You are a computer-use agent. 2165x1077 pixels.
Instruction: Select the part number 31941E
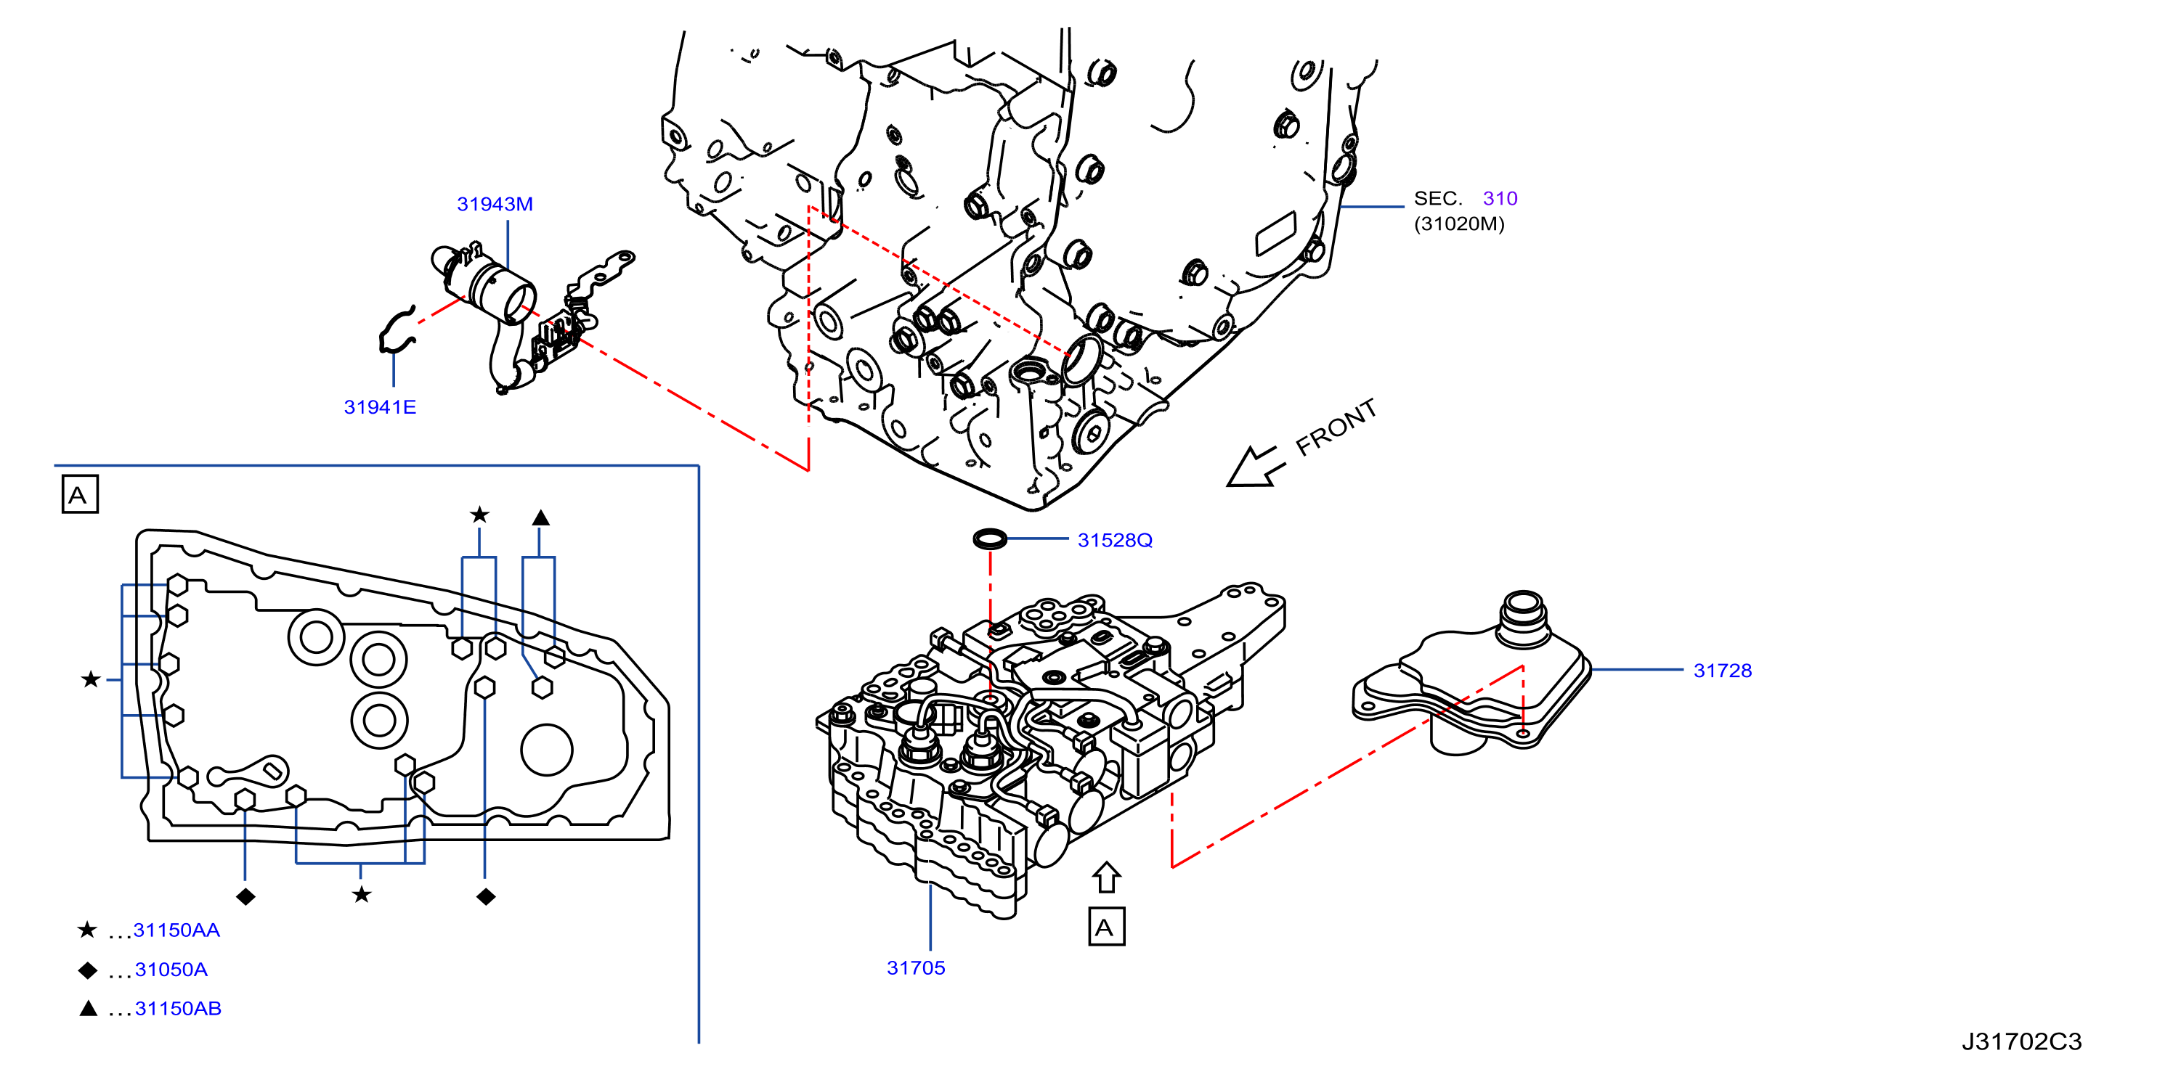(380, 407)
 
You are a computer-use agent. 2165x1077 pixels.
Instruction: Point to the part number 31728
(1722, 671)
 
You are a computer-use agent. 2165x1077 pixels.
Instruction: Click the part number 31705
(915, 969)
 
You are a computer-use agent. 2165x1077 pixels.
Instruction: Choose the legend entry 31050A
(171, 970)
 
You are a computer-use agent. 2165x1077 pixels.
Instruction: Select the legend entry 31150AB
(178, 1009)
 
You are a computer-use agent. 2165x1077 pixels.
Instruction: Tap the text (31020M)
(1459, 224)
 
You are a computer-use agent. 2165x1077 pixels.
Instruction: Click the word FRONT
(1336, 427)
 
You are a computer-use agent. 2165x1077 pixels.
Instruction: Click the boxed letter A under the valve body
(1106, 927)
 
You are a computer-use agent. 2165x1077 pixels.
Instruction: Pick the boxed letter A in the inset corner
(80, 495)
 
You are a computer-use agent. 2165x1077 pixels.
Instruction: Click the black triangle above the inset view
(540, 518)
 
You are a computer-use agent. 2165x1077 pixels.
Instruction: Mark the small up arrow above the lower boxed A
(1106, 878)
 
